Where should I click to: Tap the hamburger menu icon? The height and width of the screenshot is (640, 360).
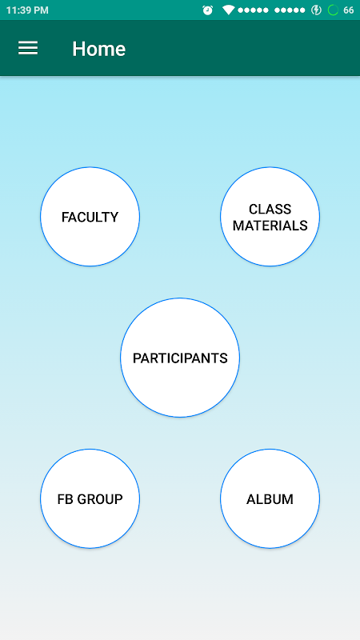click(x=28, y=48)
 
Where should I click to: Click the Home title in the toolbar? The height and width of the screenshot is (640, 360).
click(x=98, y=49)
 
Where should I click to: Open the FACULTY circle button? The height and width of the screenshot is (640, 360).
click(x=90, y=216)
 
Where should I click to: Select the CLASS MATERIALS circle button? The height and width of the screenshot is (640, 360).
click(x=270, y=216)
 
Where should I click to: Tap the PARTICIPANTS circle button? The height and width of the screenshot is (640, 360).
click(x=180, y=358)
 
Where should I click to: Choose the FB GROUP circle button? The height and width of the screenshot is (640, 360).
click(x=90, y=498)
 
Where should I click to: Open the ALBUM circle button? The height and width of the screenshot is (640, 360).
click(x=270, y=498)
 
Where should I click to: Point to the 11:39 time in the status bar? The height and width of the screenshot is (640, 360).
click(x=17, y=10)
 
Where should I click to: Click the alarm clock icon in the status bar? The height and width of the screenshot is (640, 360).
click(x=208, y=10)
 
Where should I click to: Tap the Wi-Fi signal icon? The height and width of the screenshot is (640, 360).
click(x=228, y=10)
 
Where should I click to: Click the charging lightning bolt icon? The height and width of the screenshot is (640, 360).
click(x=316, y=10)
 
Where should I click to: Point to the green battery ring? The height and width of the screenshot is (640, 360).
click(x=333, y=10)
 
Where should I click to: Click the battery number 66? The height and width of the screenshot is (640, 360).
click(x=349, y=10)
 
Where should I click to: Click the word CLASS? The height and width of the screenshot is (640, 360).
click(x=270, y=209)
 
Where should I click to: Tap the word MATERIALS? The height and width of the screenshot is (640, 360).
click(x=270, y=226)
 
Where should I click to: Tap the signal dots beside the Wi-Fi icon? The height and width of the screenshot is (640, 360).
click(x=253, y=10)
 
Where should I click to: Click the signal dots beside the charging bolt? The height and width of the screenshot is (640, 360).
click(x=290, y=10)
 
